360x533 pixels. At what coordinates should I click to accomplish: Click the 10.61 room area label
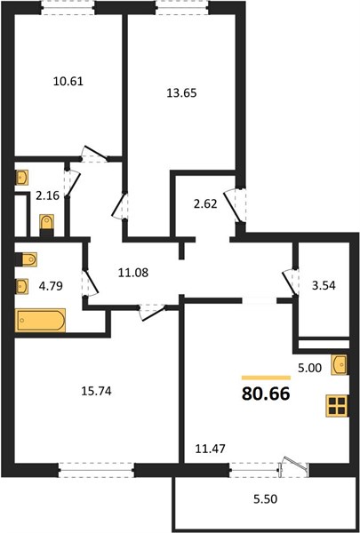68,82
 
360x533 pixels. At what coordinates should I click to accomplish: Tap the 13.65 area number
181,92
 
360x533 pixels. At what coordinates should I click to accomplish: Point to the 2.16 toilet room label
48,195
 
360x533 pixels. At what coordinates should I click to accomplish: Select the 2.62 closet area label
205,204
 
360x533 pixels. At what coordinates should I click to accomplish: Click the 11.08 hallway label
133,273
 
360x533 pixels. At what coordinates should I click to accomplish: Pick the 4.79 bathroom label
51,286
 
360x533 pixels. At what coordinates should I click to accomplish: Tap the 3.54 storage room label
324,285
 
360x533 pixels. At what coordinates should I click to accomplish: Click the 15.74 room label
96,391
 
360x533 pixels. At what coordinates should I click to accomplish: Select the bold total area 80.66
266,394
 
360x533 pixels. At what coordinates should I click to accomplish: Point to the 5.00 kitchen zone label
309,368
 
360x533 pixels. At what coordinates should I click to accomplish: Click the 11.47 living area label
211,449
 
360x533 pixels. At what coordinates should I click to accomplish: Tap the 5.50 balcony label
265,499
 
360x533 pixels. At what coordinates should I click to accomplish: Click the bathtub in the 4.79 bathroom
41,320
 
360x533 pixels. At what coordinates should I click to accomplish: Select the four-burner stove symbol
337,406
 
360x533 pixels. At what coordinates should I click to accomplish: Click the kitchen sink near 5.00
340,365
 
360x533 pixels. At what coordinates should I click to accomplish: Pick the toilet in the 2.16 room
46,225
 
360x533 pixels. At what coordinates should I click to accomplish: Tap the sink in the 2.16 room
21,177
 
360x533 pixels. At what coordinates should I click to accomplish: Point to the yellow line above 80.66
266,378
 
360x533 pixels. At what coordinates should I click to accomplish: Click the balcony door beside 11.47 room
293,464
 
